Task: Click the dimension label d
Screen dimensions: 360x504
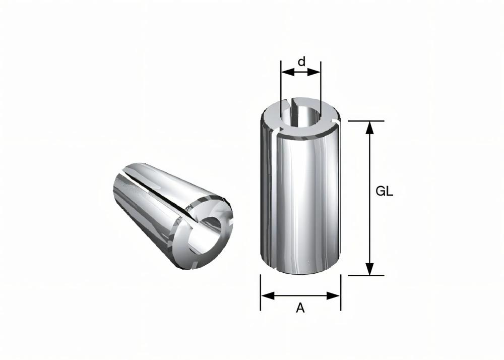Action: pos(301,62)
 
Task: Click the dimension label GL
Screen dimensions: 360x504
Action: pos(385,192)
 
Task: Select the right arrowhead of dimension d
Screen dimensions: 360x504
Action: pos(316,73)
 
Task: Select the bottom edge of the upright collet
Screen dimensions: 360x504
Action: pos(300,275)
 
